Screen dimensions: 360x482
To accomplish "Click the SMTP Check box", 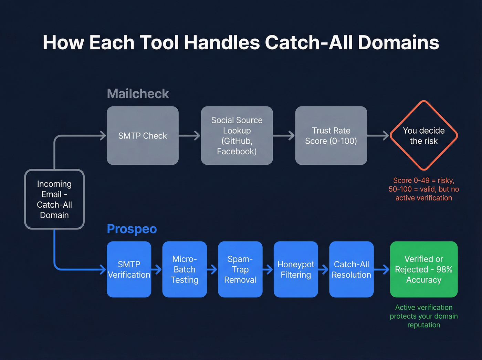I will point(143,136).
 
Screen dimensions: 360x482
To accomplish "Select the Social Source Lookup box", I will point(237,136).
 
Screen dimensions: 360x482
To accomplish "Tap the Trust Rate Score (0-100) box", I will point(331,136).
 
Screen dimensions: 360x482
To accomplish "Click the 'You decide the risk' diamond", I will point(423,136).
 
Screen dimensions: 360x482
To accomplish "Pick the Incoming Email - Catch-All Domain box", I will point(54,199).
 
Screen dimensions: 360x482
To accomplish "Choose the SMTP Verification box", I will point(129,269).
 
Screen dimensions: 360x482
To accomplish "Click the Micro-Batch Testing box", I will point(185,269).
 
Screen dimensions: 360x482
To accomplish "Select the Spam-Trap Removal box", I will point(240,269).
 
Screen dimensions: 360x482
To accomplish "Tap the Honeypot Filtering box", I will point(296,269).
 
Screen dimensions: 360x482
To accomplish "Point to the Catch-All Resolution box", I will point(351,269).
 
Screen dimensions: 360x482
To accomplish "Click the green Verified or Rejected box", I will point(423,269).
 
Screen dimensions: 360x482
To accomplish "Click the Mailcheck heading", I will point(138,94).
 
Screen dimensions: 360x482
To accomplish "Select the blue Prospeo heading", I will point(132,229).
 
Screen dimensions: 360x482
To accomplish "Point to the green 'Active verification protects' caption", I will point(423,316).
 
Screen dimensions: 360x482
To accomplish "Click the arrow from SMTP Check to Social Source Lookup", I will point(190,136).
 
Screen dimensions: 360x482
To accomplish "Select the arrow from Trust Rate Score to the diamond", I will point(378,136).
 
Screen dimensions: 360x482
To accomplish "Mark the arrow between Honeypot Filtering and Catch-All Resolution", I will point(324,269).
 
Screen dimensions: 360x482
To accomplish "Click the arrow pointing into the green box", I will point(382,269).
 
